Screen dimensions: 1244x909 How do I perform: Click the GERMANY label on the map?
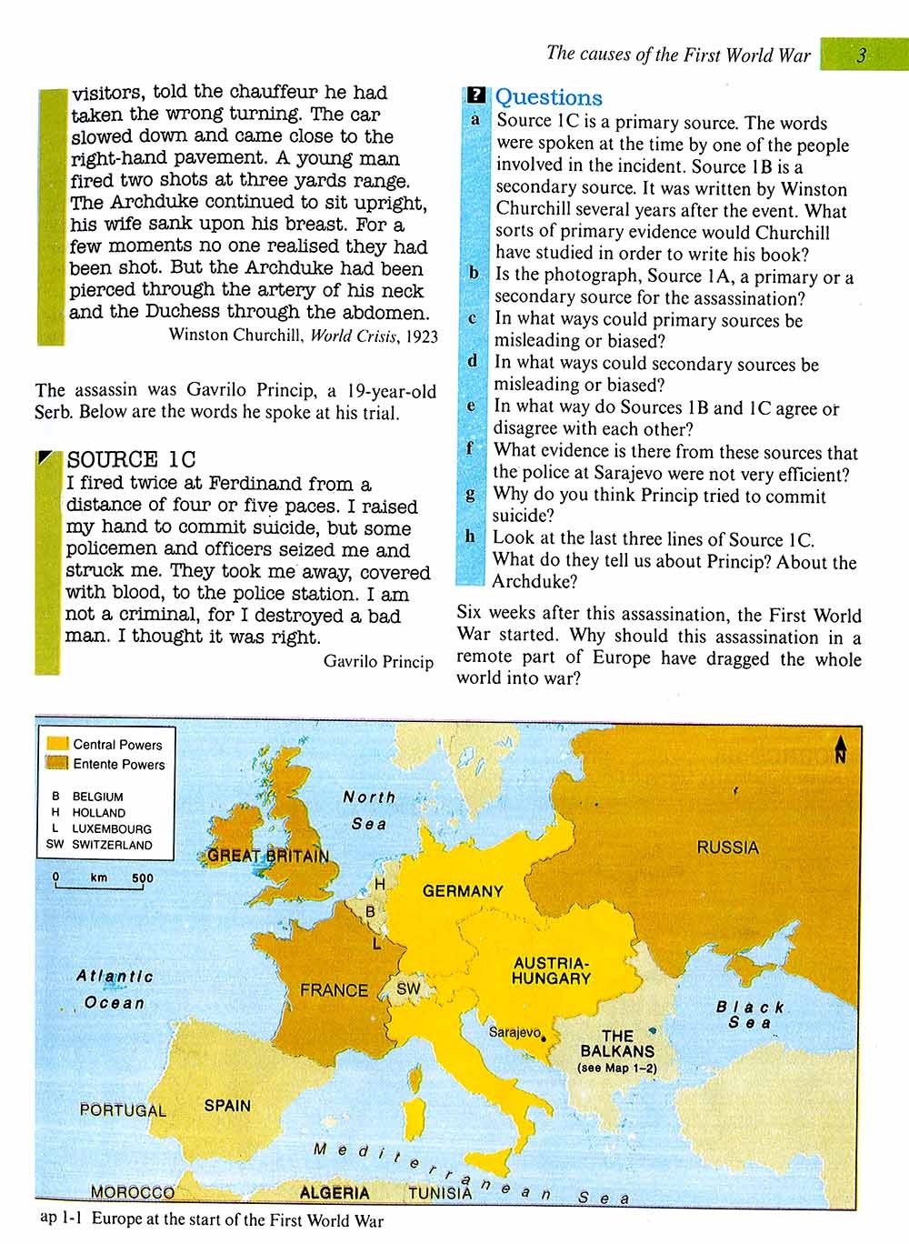pyautogui.click(x=462, y=891)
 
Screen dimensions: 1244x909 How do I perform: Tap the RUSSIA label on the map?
pyautogui.click(x=727, y=848)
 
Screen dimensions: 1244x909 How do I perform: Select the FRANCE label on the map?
pyautogui.click(x=334, y=990)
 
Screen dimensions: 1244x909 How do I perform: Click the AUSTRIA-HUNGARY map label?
pyautogui.click(x=551, y=970)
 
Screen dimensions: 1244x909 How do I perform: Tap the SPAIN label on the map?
pyautogui.click(x=227, y=1106)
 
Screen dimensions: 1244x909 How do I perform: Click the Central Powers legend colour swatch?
pyautogui.click(x=58, y=744)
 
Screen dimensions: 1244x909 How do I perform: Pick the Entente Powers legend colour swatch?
pyautogui.click(x=58, y=763)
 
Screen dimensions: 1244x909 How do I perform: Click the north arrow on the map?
pyautogui.click(x=840, y=747)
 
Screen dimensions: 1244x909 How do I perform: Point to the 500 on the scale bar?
pyautogui.click(x=142, y=878)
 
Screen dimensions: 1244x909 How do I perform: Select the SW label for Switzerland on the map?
pyautogui.click(x=408, y=988)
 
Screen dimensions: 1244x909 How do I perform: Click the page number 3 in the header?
pyautogui.click(x=862, y=55)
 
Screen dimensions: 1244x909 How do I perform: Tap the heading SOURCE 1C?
pyautogui.click(x=131, y=460)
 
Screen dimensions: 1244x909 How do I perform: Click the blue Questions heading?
pyautogui.click(x=548, y=97)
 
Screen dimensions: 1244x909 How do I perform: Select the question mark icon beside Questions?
pyautogui.click(x=475, y=95)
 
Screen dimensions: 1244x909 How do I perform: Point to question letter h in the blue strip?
pyautogui.click(x=470, y=537)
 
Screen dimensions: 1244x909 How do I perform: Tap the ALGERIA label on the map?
pyautogui.click(x=335, y=1193)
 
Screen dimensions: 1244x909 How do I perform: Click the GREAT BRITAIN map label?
pyautogui.click(x=268, y=856)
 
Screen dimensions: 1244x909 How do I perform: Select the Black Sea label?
pyautogui.click(x=750, y=1015)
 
